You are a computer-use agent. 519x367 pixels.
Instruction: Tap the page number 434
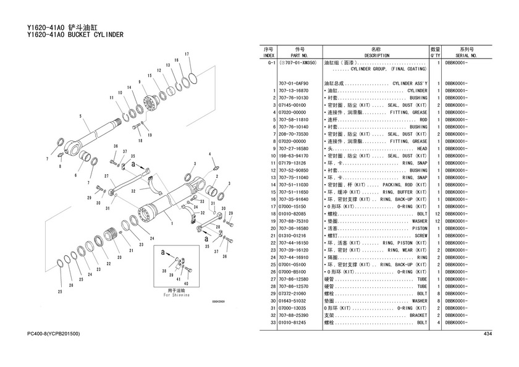click(487, 334)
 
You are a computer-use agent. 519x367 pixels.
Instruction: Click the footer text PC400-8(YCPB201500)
click(53, 334)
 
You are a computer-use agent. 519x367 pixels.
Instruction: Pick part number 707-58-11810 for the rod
click(293, 119)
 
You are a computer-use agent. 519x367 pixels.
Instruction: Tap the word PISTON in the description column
click(418, 229)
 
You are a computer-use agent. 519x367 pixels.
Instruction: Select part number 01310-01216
click(293, 235)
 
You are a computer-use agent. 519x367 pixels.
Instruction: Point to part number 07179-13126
click(293, 163)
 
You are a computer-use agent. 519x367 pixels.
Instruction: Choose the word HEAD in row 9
click(421, 148)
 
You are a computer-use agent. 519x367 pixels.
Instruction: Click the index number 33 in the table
click(272, 323)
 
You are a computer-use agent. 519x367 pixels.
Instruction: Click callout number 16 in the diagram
click(176, 60)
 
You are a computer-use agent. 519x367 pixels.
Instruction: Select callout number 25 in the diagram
click(60, 292)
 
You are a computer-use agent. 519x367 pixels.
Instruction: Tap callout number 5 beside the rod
click(80, 116)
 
